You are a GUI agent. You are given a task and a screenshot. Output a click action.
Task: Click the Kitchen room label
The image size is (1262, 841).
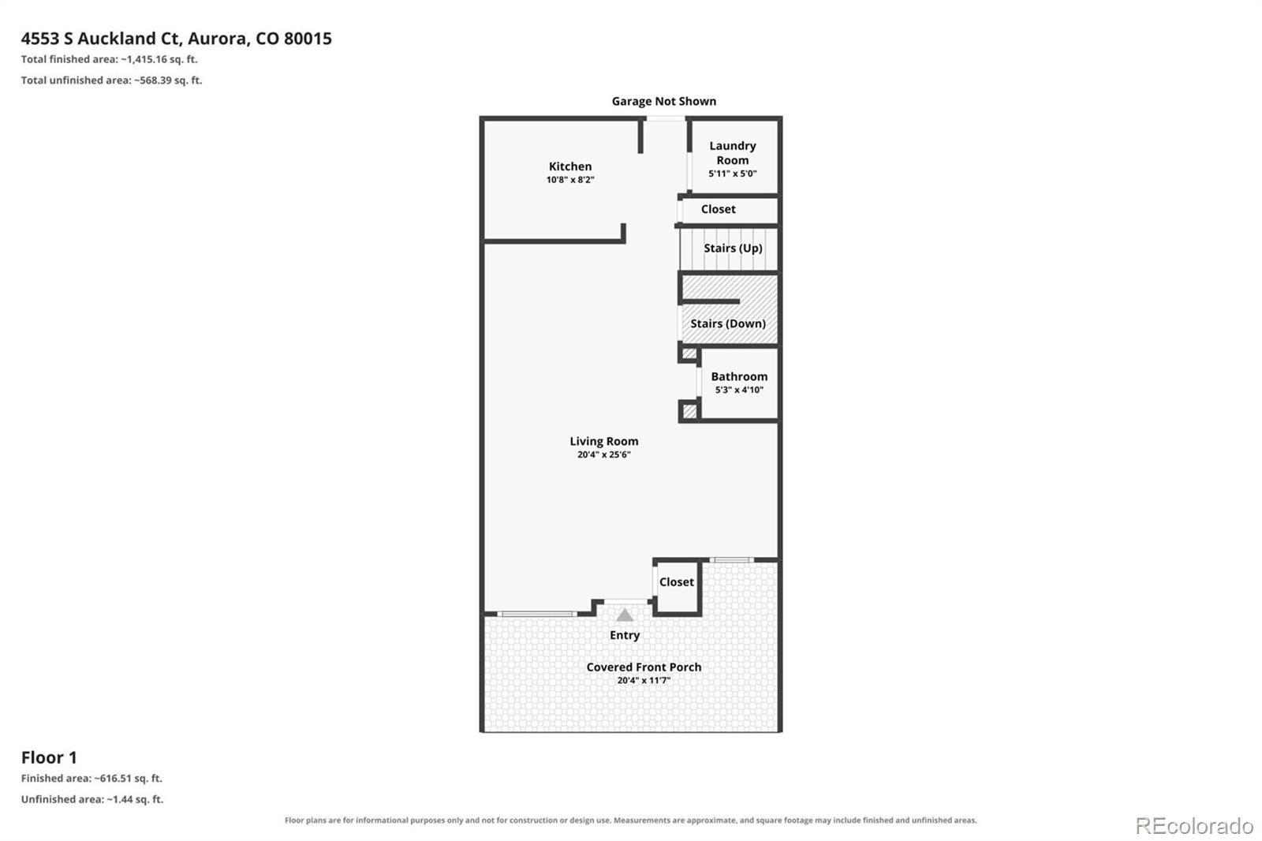tap(570, 166)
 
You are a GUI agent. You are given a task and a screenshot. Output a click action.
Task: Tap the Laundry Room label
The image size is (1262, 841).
tap(733, 153)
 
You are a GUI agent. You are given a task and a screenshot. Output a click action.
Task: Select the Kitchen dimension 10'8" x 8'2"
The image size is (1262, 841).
tap(570, 180)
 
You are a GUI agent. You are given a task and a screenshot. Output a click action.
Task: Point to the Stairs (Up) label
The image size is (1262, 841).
tap(733, 248)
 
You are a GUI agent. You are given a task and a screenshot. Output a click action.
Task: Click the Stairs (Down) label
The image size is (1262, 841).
tap(728, 323)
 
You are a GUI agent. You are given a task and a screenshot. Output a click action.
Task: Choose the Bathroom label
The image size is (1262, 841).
tap(739, 376)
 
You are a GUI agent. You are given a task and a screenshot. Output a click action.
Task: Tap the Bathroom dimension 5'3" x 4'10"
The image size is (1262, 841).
tap(739, 390)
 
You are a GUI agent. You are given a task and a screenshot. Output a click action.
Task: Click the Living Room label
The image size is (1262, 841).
tap(604, 441)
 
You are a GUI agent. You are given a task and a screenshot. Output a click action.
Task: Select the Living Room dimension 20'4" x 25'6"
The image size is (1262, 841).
tap(604, 455)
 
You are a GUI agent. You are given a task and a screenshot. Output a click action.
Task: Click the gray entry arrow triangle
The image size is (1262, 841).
tap(624, 615)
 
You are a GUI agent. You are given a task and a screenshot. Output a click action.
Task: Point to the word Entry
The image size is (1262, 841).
tap(625, 635)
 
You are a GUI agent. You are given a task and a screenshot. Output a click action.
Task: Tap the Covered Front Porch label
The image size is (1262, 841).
tap(644, 667)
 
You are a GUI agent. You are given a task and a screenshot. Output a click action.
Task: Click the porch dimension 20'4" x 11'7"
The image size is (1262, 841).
tap(644, 680)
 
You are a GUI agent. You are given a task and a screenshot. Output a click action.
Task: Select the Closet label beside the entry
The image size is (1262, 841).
tap(677, 581)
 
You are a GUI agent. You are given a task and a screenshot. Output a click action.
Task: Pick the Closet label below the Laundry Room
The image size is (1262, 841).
tap(719, 209)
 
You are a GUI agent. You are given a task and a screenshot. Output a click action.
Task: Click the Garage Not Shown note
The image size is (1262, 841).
tap(664, 102)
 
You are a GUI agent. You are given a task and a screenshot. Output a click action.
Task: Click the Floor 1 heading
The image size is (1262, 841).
tap(49, 757)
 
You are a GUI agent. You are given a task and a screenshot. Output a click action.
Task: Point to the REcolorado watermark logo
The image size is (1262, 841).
tap(1194, 826)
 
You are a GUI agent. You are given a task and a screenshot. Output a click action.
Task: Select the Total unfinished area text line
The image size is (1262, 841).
tap(111, 80)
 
